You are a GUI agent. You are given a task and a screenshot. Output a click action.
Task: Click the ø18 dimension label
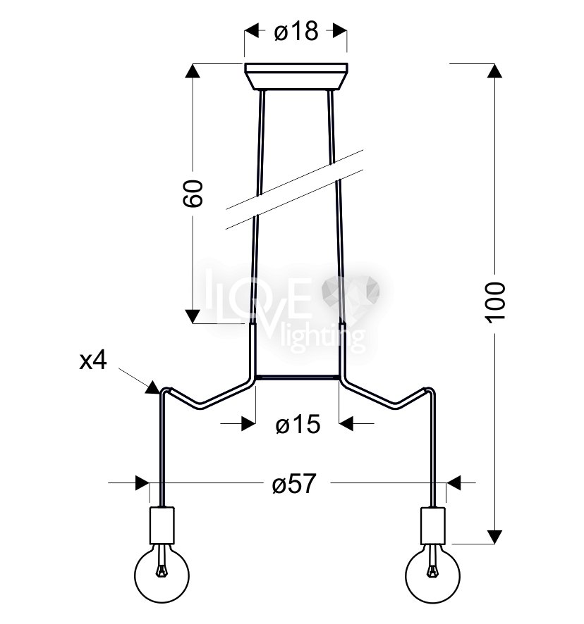(x=296, y=31)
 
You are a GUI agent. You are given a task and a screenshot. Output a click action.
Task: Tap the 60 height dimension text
(x=193, y=194)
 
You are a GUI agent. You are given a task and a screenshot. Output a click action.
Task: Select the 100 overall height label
(x=496, y=302)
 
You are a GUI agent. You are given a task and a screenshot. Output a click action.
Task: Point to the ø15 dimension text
(x=298, y=424)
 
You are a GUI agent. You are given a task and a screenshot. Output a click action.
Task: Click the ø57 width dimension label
(x=294, y=484)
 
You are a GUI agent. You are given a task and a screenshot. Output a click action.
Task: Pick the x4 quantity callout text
(x=93, y=361)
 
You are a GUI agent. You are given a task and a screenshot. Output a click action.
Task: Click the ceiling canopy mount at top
(x=296, y=76)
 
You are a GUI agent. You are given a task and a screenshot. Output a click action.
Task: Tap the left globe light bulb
(x=162, y=574)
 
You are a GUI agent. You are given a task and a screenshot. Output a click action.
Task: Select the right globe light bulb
(x=432, y=574)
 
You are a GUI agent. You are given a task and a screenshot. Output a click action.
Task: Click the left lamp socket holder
(x=162, y=525)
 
